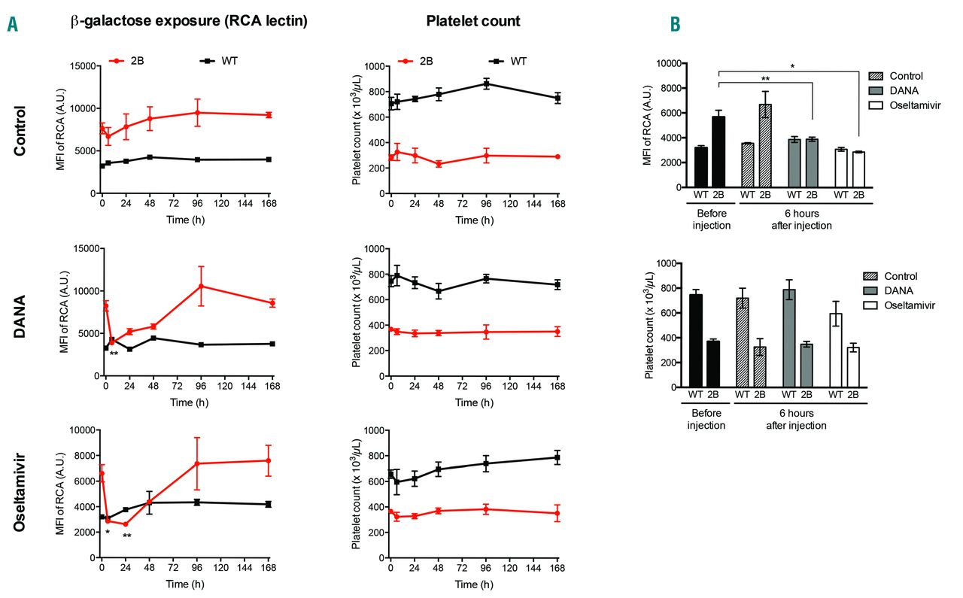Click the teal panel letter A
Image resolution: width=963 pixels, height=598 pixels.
click(x=12, y=25)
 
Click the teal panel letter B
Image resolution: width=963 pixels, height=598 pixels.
click(x=675, y=25)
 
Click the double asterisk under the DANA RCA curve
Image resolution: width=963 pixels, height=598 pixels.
click(x=114, y=354)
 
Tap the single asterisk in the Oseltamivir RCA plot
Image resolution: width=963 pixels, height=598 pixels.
click(x=108, y=533)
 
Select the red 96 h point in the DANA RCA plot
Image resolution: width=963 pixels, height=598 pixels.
click(x=201, y=286)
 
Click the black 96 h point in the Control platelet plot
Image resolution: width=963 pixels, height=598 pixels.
click(x=487, y=83)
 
